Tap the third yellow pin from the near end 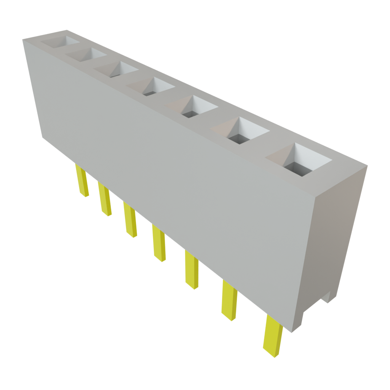tap(192, 269)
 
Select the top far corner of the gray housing tap(23, 38)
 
